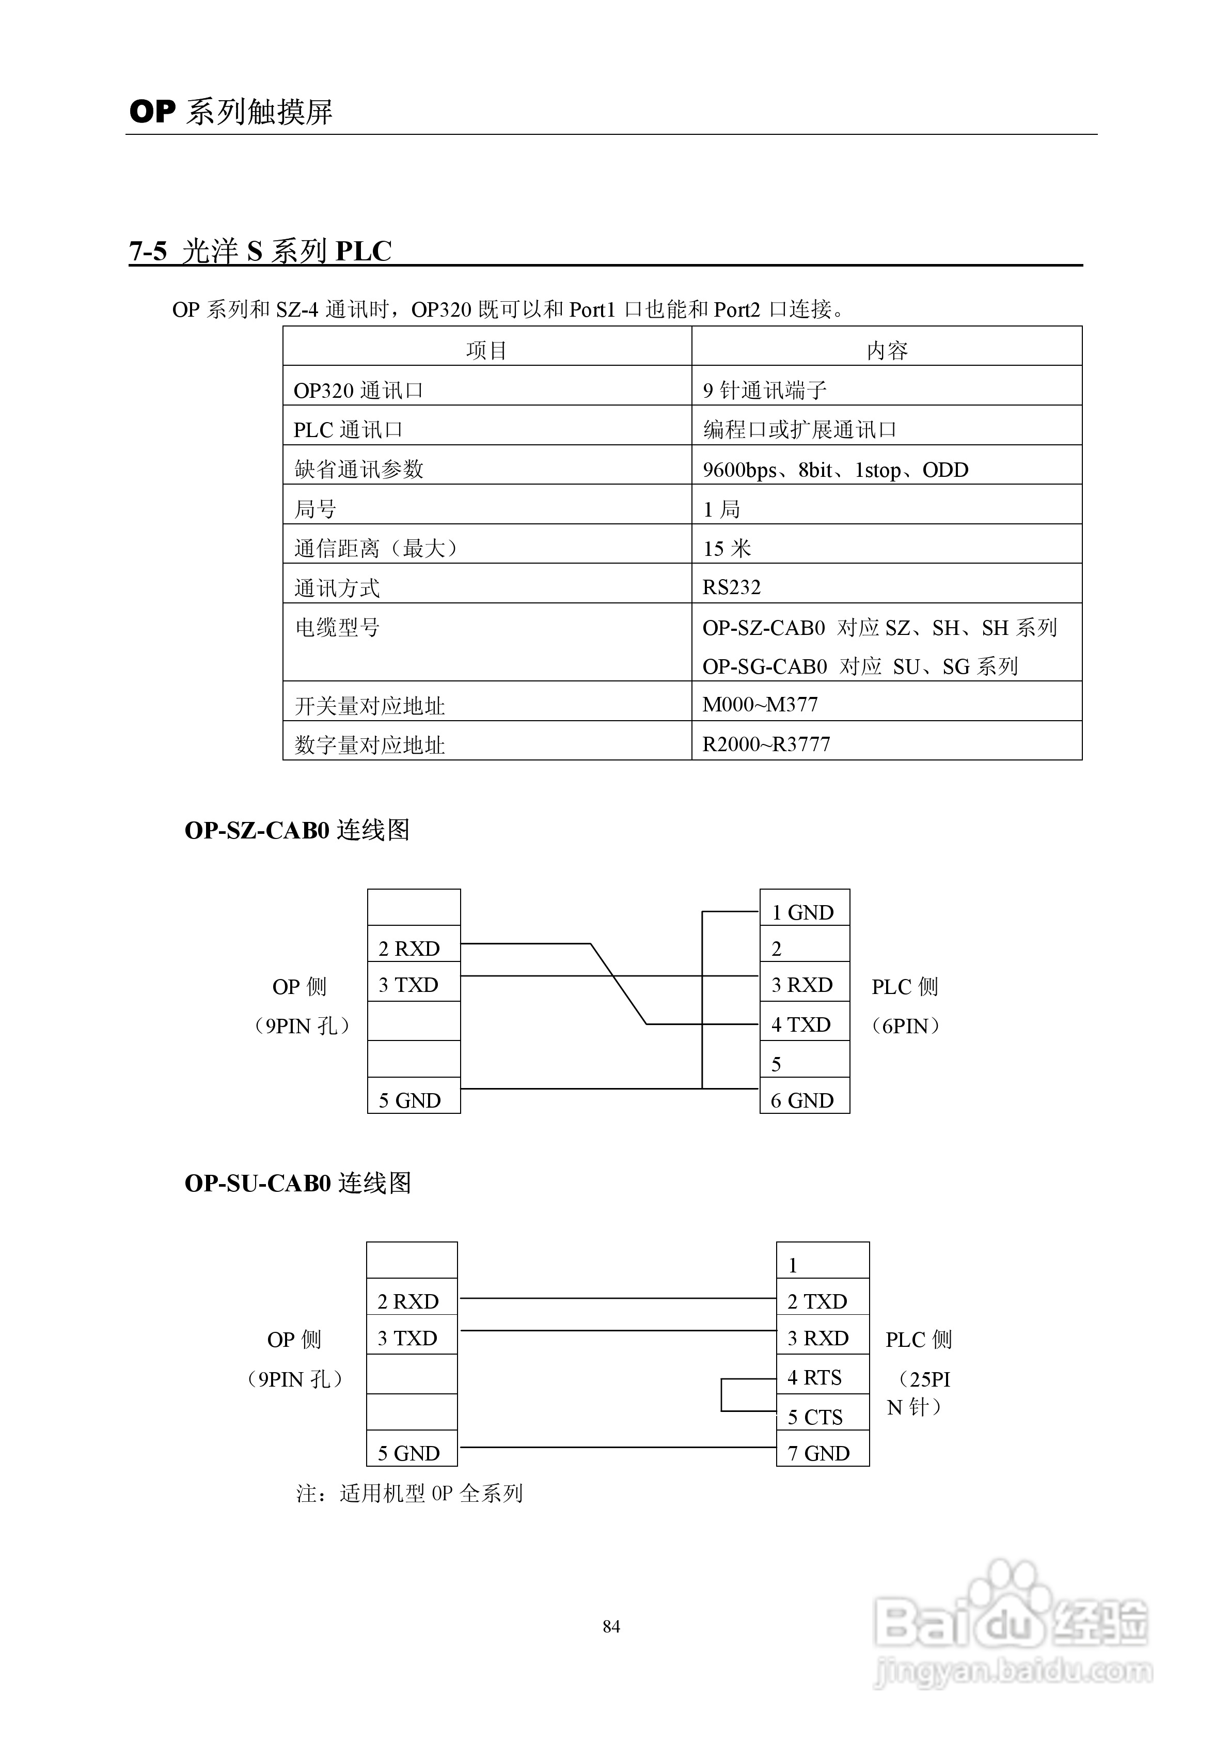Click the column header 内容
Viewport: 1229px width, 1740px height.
[x=887, y=350]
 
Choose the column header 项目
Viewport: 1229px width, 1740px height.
[x=486, y=350]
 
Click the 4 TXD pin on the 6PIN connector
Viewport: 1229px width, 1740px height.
[x=804, y=1024]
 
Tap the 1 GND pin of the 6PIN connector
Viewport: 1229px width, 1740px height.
[x=804, y=912]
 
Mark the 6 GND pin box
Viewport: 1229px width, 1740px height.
[x=804, y=1100]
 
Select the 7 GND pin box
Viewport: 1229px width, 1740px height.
[x=822, y=1453]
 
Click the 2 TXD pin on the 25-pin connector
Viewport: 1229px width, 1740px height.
[x=822, y=1301]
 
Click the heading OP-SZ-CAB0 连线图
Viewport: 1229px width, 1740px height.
[x=297, y=830]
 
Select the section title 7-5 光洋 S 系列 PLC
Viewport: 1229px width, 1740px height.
[x=260, y=251]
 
